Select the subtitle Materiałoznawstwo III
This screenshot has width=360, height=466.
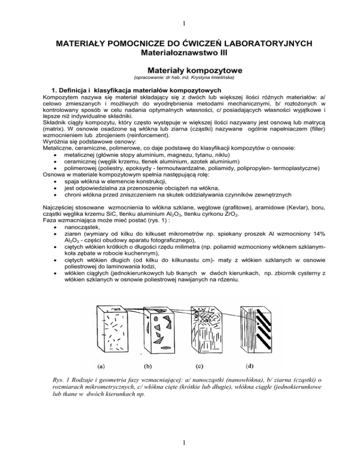point(180,54)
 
